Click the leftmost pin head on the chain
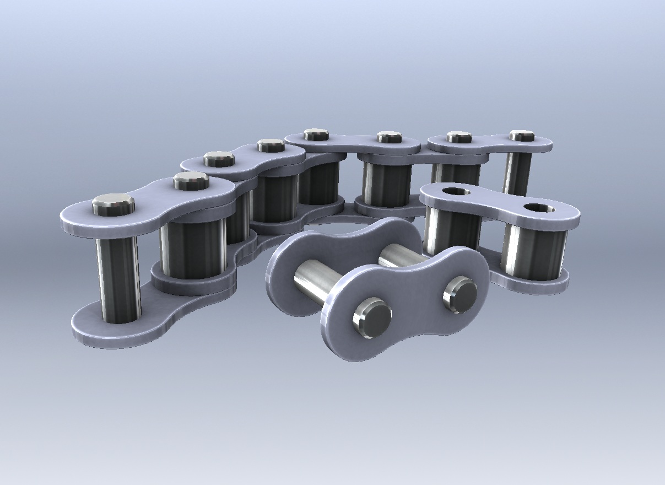pos(113,204)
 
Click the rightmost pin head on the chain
pos(521,135)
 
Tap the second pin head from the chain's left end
pos(190,180)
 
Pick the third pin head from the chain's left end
pos(219,159)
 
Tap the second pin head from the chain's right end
pos(458,137)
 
